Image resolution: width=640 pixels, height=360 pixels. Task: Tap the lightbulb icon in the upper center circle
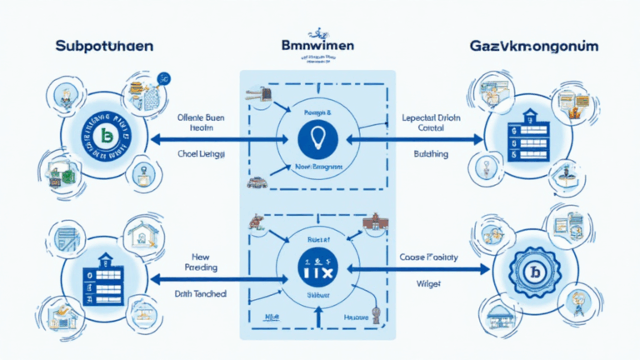point(319,138)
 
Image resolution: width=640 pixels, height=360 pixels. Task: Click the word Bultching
point(431,154)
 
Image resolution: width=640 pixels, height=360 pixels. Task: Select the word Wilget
point(426,284)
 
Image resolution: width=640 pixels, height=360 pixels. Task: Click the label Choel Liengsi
point(202,155)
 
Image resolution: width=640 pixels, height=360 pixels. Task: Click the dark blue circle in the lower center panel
point(319,267)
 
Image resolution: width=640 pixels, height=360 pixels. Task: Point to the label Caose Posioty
point(428,258)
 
